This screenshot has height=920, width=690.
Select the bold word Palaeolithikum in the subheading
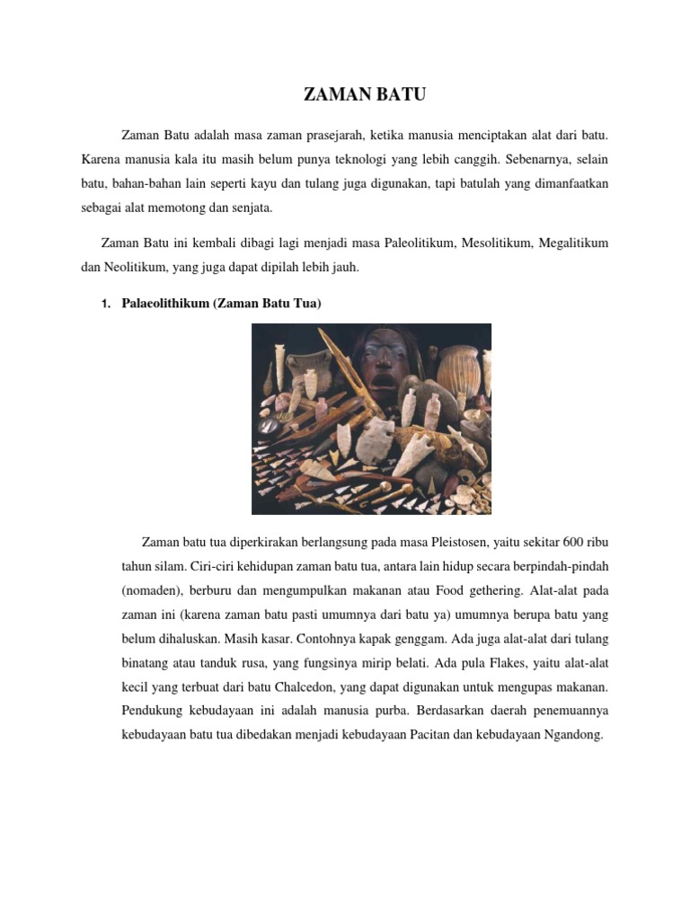164,305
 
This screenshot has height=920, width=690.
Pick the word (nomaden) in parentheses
149,591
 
